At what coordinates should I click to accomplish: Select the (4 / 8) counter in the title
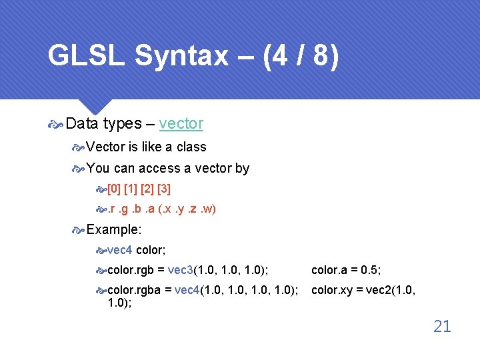(301, 56)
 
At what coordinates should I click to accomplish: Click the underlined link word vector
(181, 123)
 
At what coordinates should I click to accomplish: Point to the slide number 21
(442, 326)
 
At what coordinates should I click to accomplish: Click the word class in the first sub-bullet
(191, 147)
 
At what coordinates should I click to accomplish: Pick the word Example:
(113, 229)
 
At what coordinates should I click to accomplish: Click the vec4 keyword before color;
(119, 250)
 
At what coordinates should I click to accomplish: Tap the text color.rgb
(130, 270)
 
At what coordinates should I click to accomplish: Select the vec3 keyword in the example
(180, 270)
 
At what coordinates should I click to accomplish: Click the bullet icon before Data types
(57, 124)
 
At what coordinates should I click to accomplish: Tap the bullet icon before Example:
(79, 230)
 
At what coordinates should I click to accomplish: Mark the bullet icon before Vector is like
(79, 147)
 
